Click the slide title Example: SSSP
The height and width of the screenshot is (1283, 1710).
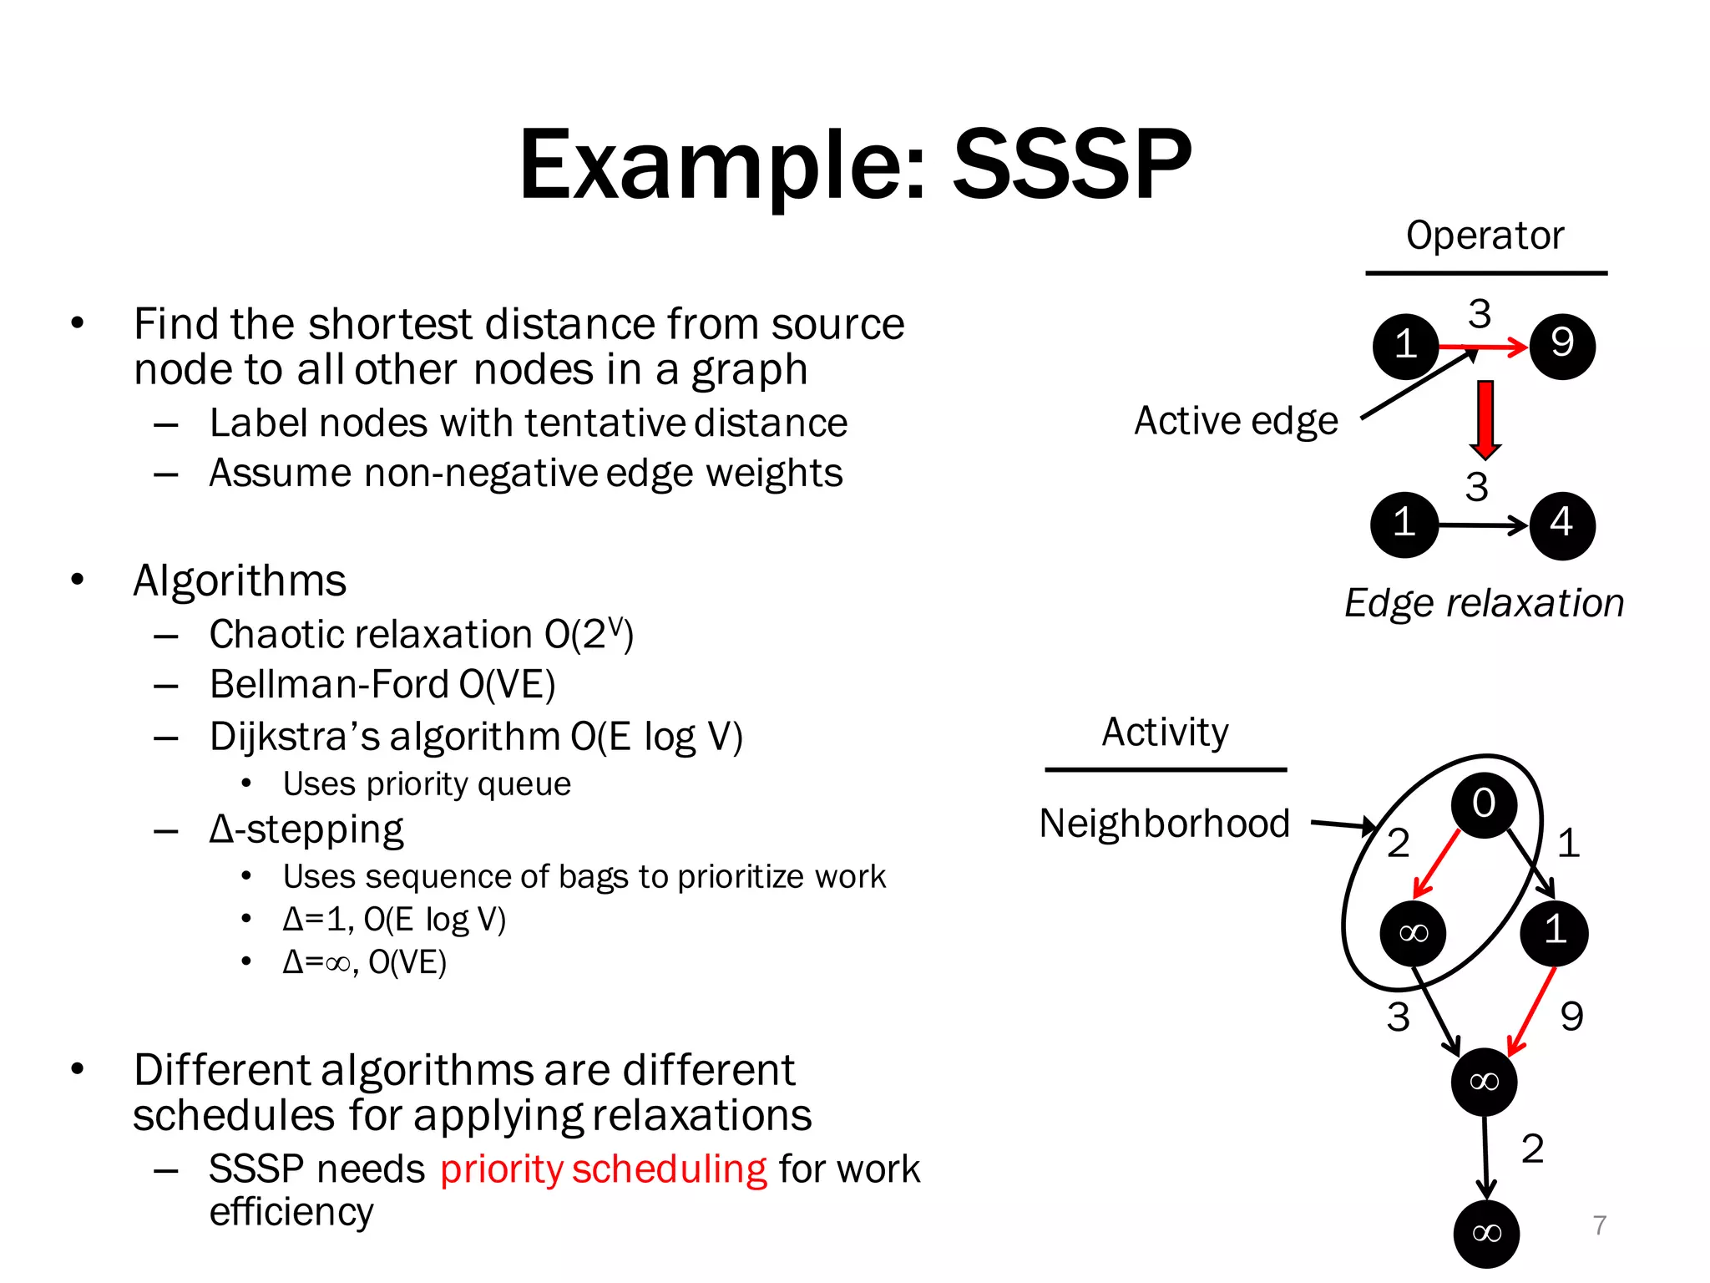[854, 165]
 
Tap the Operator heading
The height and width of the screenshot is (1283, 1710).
[1484, 236]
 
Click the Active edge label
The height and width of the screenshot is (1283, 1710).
[1235, 421]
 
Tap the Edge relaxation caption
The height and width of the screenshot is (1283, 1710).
[1484, 603]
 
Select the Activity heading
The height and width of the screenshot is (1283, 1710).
[1165, 733]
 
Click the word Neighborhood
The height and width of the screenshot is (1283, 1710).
[1164, 824]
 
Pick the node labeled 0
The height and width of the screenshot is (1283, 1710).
[1483, 804]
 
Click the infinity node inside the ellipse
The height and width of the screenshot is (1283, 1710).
[1413, 933]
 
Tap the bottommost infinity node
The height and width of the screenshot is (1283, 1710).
[1486, 1233]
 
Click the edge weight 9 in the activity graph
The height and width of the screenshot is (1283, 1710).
[1571, 1017]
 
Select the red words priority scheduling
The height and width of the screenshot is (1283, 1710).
[603, 1169]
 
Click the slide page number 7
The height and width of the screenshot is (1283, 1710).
[1599, 1225]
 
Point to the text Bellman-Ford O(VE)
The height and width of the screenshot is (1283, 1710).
[382, 685]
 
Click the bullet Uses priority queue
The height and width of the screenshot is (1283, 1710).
[426, 784]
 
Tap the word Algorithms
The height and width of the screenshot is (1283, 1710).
[240, 581]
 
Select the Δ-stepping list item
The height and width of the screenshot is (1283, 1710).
[306, 830]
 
